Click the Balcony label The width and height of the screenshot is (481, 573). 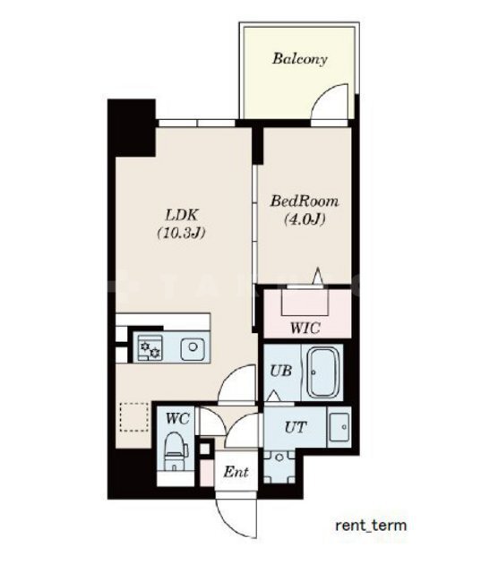click(299, 59)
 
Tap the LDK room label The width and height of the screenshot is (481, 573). click(182, 215)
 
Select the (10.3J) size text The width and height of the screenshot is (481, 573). click(181, 233)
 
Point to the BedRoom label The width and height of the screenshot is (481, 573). click(305, 201)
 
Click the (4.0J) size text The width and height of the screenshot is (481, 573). click(305, 219)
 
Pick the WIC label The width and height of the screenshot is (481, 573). click(305, 328)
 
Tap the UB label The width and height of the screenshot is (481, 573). click(280, 371)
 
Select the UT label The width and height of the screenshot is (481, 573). click(296, 427)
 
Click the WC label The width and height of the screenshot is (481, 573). click(177, 418)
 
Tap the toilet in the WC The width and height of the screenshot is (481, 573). click(175, 451)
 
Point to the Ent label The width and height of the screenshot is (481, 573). click(236, 472)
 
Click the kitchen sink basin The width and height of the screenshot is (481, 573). click(193, 349)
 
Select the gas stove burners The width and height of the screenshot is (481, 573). click(150, 348)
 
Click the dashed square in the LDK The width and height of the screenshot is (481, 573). click(134, 416)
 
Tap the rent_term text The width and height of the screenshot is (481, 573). click(371, 526)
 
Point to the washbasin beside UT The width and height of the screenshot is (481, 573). click(339, 427)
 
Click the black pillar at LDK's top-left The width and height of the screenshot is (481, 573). click(132, 128)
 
